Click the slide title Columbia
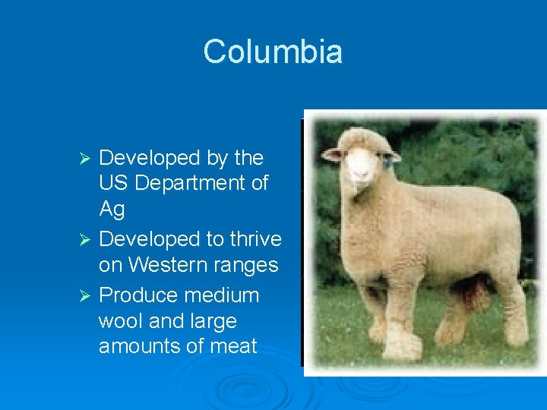coord(273,52)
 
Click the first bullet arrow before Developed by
coord(86,159)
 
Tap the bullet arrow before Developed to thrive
coord(86,240)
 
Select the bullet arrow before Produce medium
coord(86,295)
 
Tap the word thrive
coord(255,239)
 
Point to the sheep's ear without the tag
coord(332,154)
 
